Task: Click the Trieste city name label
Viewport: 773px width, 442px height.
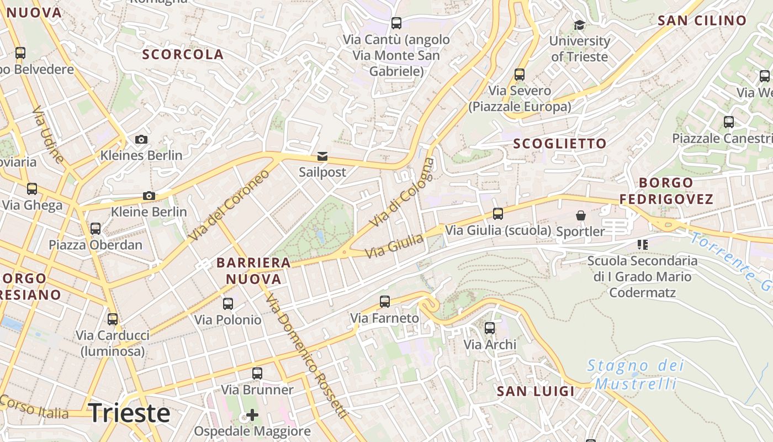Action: click(x=129, y=413)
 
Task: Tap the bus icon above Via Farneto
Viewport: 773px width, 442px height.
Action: click(x=385, y=302)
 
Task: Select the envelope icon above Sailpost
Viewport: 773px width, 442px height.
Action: click(x=322, y=156)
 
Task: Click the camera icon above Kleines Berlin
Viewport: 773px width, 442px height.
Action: click(x=141, y=139)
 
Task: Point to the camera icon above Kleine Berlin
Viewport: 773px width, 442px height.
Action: click(x=149, y=196)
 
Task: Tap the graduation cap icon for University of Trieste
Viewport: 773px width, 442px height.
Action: click(x=579, y=25)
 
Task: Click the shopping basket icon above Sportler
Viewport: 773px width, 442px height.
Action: click(x=581, y=215)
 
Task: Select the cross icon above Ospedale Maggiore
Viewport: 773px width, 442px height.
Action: click(x=252, y=414)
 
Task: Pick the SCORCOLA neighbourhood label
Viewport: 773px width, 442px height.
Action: click(x=183, y=54)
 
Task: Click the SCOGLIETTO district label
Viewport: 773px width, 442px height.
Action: click(x=560, y=144)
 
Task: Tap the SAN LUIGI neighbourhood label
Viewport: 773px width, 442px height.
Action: click(x=536, y=391)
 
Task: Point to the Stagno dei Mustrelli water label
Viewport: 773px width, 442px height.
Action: click(x=636, y=374)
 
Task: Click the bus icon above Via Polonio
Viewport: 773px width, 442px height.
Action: click(x=227, y=303)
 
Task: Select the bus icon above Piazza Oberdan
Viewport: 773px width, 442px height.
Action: click(x=96, y=228)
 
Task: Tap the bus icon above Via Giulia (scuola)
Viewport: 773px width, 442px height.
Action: click(x=498, y=214)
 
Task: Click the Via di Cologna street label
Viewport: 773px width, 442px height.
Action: click(x=401, y=192)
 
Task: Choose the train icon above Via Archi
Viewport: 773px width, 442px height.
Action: click(x=490, y=328)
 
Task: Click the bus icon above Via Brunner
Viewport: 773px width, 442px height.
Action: click(x=257, y=373)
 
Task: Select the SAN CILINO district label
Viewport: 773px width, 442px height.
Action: click(x=702, y=20)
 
